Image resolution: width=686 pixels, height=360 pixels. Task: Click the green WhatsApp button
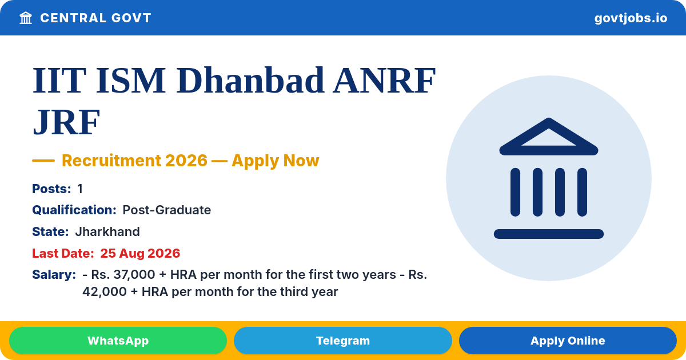118,341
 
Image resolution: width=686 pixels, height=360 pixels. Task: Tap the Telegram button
342,341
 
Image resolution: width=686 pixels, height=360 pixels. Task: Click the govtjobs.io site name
631,18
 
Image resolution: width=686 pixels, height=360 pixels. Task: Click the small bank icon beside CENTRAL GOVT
26,18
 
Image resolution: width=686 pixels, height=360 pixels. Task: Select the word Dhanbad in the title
250,80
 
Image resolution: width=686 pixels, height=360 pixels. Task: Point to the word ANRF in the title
384,80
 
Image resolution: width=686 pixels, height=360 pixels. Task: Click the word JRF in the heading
66,122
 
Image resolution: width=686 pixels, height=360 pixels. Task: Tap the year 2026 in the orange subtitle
186,161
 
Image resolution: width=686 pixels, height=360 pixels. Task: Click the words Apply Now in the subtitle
276,161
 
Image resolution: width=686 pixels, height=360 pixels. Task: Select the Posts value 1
80,189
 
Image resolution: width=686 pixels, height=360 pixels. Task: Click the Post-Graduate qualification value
166,210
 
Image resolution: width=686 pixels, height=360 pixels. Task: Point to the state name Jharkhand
107,232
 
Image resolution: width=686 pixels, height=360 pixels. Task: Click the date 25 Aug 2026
140,254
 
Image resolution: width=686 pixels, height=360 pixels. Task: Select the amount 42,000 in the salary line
105,292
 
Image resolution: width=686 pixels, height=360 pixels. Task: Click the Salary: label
54,275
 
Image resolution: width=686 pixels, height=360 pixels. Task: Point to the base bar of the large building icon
548,234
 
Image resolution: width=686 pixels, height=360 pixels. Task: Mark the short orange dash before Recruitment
43,161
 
